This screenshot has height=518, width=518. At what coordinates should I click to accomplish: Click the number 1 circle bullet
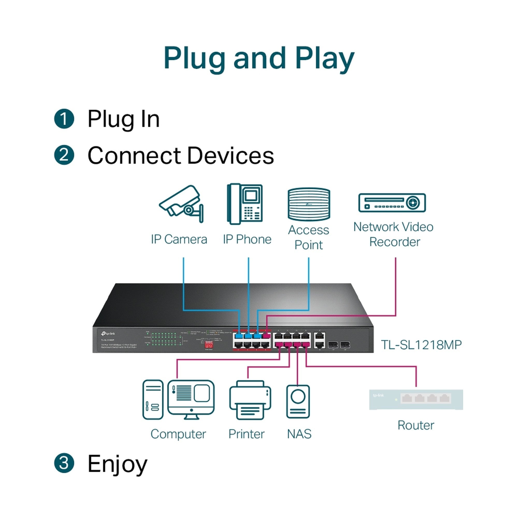pos(64,119)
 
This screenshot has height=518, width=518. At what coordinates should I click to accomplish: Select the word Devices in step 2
pos(230,155)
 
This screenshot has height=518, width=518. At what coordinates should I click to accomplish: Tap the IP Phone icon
pos(245,204)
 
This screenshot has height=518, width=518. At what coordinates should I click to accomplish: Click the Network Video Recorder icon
pos(392,203)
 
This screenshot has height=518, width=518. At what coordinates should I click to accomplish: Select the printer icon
pos(250,400)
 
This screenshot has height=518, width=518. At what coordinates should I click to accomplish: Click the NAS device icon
pos(298,401)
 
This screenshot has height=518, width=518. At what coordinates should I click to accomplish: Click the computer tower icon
pos(153,399)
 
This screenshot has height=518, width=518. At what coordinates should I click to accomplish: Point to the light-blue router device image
pos(416,399)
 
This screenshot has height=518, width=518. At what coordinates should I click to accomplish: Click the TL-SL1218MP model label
pos(421,345)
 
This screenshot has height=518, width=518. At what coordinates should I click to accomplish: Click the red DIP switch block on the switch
pos(208,344)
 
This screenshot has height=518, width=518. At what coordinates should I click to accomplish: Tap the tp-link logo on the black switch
pos(108,334)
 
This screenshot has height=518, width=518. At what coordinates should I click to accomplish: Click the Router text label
pos(416,425)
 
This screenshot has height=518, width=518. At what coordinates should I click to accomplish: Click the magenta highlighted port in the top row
pos(266,336)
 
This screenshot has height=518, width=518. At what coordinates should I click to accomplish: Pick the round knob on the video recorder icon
pos(413,203)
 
